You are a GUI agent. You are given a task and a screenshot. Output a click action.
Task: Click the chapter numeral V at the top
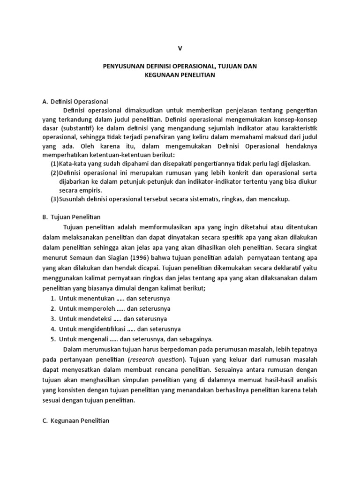coord(180,48)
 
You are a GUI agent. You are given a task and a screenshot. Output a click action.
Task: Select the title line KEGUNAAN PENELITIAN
coord(180,76)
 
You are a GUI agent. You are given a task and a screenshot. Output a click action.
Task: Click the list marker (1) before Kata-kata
coord(55,164)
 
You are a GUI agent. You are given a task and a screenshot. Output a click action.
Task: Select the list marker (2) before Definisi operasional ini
coord(55,172)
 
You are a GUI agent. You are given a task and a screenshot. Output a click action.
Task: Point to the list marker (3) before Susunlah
coord(55,199)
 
